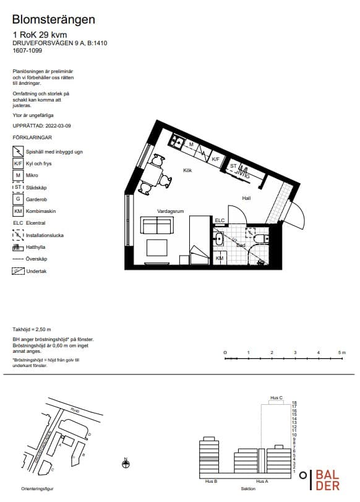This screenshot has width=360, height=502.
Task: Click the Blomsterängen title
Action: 54,20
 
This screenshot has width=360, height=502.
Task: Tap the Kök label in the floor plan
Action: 187,170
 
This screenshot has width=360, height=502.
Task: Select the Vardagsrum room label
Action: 171,211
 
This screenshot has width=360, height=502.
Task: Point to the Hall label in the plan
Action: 246,198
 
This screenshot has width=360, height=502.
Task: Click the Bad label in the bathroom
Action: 241,245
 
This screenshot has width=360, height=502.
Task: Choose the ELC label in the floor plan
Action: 220,220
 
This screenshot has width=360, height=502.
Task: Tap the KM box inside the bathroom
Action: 220,257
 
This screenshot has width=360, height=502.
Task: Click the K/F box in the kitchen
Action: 215,159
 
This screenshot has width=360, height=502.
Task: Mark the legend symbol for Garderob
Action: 18,199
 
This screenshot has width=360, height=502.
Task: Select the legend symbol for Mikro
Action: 18,175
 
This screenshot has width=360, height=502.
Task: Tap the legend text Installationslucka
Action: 46,235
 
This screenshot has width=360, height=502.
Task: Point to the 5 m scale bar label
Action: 341,352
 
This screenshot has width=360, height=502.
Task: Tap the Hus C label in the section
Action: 276,397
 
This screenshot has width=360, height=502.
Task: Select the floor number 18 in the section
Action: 294,402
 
